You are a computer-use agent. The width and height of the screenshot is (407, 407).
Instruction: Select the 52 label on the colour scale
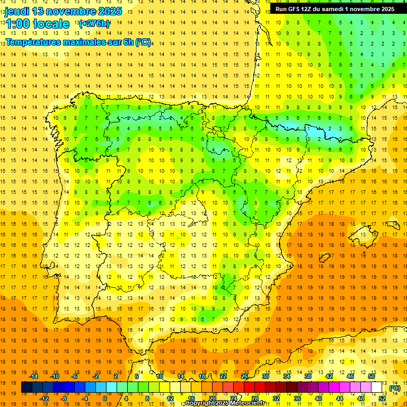tap(382, 399)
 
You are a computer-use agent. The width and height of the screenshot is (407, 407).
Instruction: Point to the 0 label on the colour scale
tap(105, 399)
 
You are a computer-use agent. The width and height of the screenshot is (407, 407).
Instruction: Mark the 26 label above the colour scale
tap(244, 376)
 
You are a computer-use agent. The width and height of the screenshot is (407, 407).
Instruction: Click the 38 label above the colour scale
tap(307, 376)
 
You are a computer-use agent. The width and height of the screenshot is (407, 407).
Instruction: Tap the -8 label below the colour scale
tap(63, 399)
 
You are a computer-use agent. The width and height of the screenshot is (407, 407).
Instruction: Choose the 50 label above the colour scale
tap(371, 376)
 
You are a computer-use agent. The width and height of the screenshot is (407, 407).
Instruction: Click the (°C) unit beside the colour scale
tap(394, 388)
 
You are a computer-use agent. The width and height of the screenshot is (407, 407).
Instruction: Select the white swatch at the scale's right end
tap(376, 387)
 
